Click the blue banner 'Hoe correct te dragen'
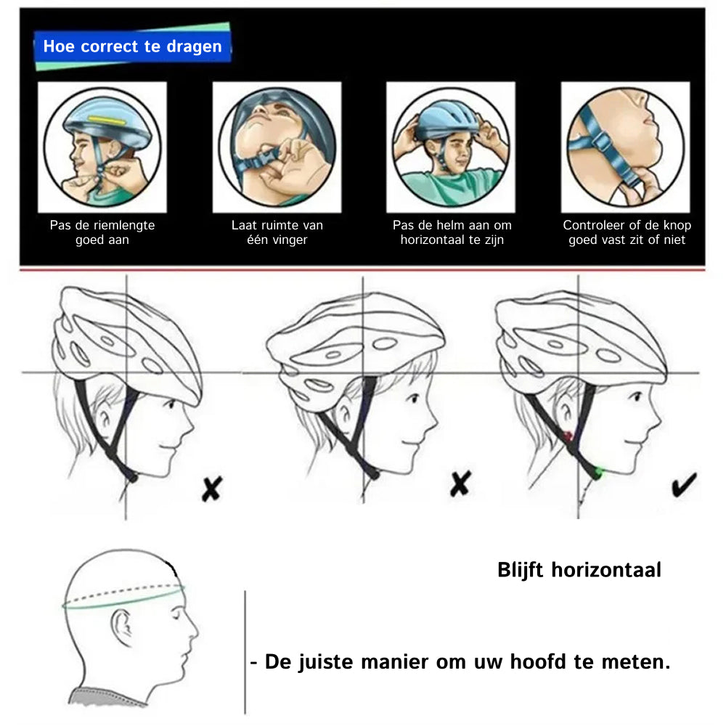[x=132, y=46]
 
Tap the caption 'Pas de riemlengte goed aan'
[x=102, y=232]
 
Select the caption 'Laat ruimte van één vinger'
[x=277, y=232]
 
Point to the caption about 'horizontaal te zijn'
[x=452, y=232]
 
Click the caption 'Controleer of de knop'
[x=627, y=225]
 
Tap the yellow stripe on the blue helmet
[x=107, y=121]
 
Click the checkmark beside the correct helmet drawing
[x=685, y=484]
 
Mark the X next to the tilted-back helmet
[x=212, y=489]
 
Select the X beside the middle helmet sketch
[x=460, y=484]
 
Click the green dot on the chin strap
[x=599, y=473]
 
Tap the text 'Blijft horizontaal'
[x=579, y=570]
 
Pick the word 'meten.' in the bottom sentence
[x=636, y=662]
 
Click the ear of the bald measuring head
[x=121, y=627]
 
